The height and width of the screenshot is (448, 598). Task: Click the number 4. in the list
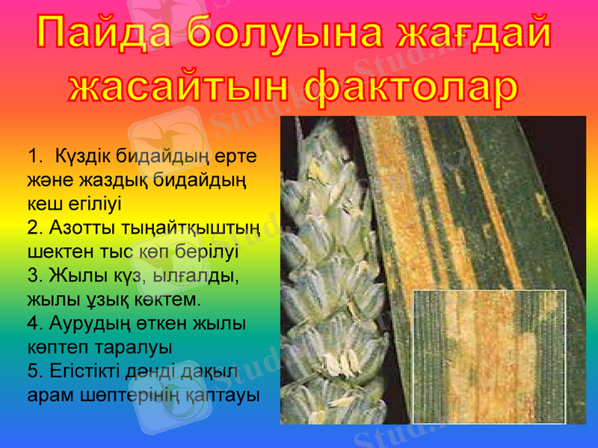[34, 323]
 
